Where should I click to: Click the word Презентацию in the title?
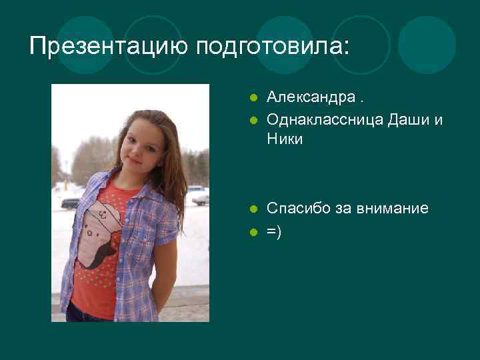click(109, 46)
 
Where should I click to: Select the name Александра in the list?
click(311, 97)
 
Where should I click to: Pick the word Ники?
click(285, 139)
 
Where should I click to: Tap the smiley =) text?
click(274, 231)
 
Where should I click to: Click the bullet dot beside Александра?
click(253, 98)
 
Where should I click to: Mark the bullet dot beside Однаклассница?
click(253, 120)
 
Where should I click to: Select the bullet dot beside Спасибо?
click(253, 209)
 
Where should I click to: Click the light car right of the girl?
click(199, 198)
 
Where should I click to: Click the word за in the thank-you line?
click(341, 209)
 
